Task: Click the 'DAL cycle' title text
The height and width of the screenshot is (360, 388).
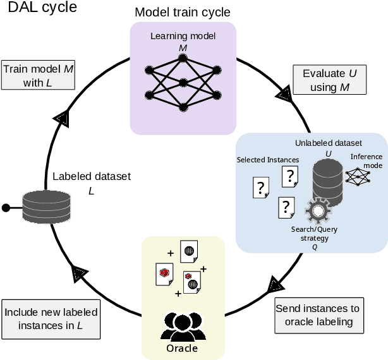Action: (39, 8)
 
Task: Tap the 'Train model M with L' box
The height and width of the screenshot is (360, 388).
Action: (39, 75)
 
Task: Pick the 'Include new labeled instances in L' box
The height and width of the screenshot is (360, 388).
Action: (51, 318)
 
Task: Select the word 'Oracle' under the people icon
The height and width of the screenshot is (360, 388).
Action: (182, 348)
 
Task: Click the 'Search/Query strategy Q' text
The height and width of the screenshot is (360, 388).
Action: (314, 237)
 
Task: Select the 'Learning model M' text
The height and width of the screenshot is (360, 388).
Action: (183, 40)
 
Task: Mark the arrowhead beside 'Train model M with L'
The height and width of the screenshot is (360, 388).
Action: (63, 117)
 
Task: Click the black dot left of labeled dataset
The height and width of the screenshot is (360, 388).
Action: (6, 207)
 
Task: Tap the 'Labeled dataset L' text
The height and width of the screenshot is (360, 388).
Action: (83, 183)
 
